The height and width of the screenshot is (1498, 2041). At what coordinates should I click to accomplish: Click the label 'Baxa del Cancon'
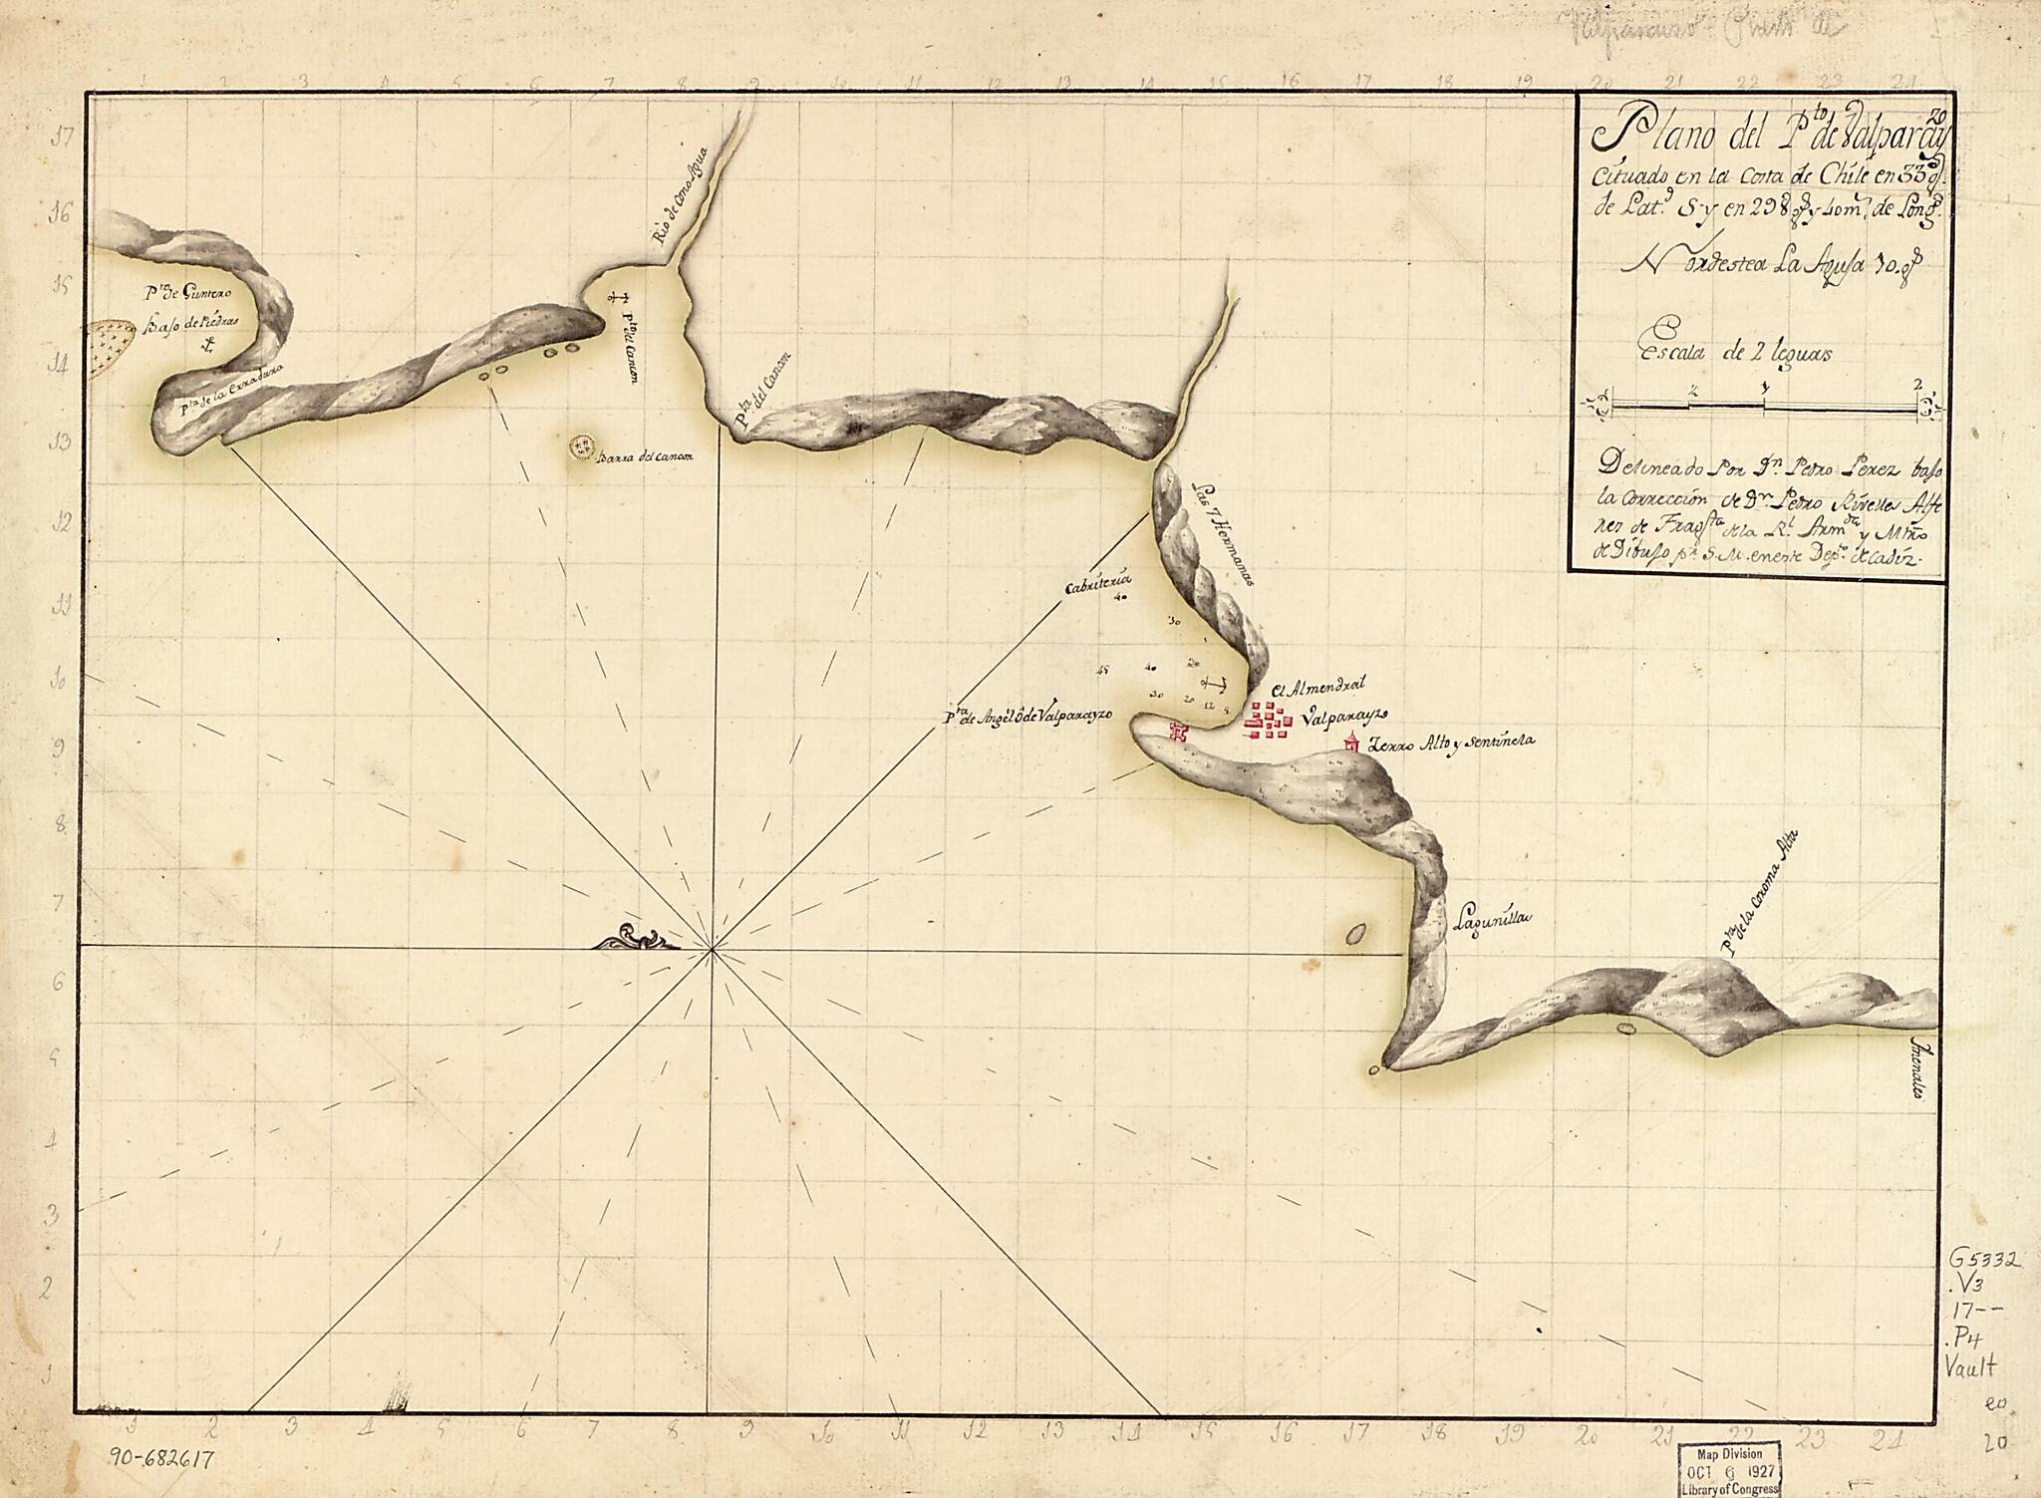645,457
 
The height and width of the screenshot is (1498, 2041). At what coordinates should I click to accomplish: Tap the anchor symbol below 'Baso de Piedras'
208,346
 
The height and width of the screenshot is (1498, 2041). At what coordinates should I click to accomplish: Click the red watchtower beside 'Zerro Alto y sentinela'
1351,742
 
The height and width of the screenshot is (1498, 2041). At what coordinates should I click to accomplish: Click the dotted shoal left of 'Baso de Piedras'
112,349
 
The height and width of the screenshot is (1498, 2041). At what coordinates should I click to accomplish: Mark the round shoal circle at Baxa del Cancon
580,448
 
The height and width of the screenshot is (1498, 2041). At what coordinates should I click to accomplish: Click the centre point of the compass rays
712,952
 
